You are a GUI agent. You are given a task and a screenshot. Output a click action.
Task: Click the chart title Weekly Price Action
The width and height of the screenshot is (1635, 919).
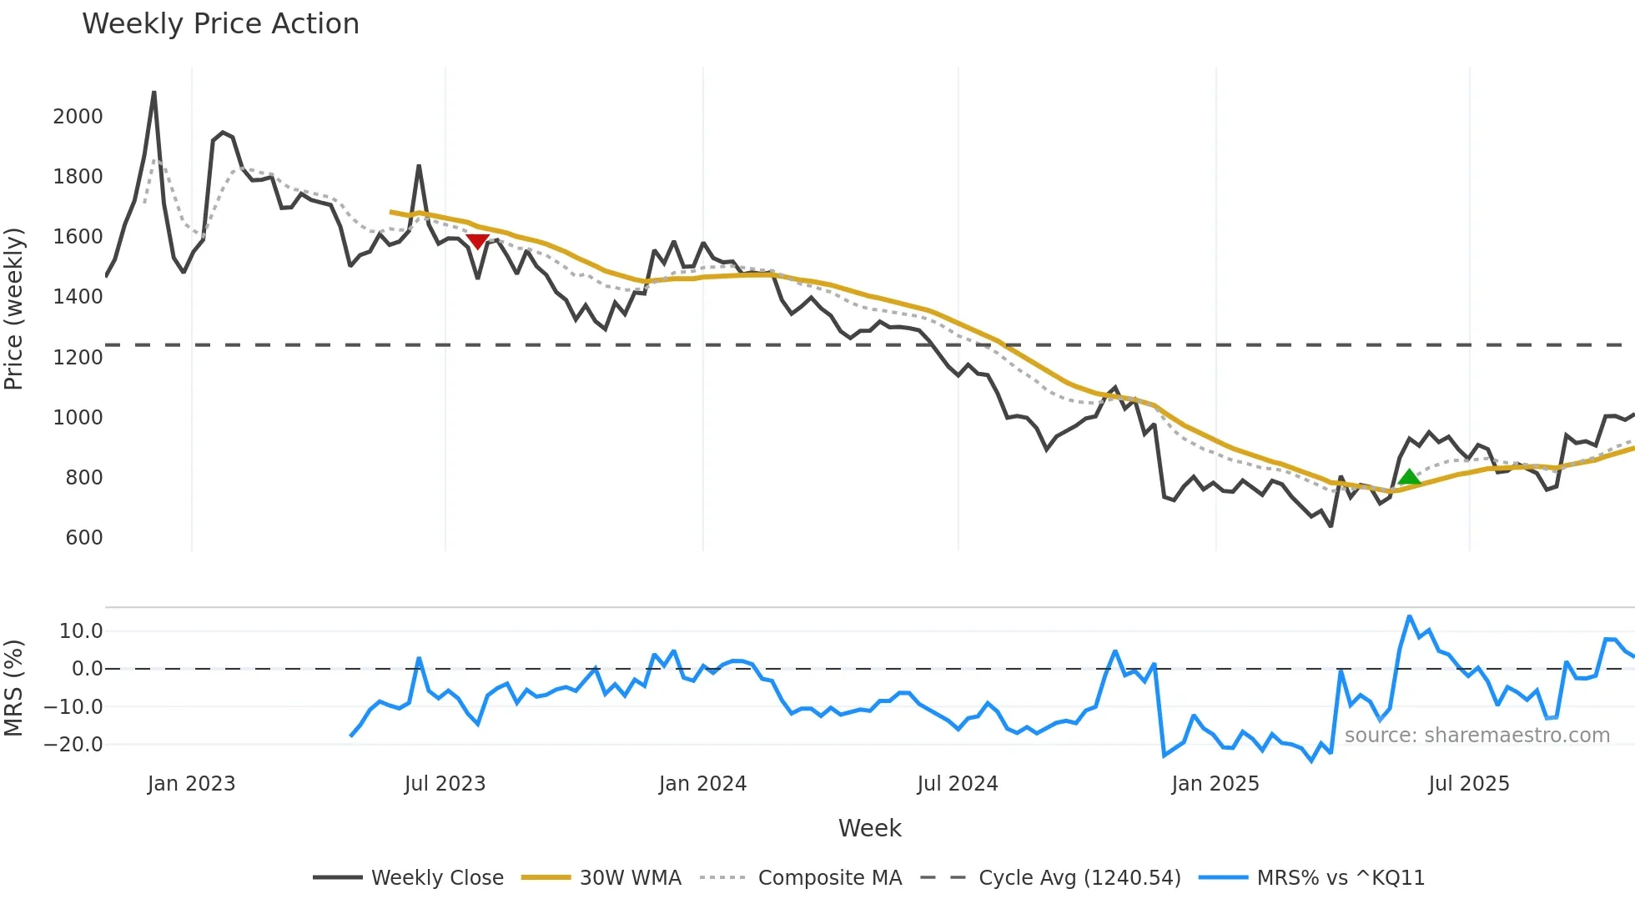[220, 24]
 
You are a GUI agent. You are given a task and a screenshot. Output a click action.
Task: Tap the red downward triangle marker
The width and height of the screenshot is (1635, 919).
[477, 241]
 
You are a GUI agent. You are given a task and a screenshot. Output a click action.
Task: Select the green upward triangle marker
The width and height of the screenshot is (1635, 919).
[1409, 477]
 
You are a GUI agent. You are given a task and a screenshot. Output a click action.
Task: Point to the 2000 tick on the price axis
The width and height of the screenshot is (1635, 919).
[78, 116]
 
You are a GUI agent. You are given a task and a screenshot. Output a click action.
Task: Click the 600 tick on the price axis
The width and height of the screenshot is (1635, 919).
[84, 537]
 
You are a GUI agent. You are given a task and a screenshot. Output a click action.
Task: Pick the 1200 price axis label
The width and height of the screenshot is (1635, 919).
[78, 357]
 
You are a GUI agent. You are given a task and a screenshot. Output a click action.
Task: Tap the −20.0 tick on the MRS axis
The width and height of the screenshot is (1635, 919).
[73, 744]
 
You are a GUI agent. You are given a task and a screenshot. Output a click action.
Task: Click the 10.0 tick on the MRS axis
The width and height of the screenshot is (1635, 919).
[81, 630]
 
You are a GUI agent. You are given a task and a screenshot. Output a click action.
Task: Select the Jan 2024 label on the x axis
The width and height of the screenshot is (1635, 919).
[702, 784]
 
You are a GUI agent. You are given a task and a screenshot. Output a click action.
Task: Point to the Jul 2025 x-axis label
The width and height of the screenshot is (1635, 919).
[1469, 784]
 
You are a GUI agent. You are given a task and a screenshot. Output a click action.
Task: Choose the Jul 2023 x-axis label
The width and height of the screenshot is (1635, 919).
[445, 784]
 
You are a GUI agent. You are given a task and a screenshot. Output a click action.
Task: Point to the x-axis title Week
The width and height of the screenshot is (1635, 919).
[869, 828]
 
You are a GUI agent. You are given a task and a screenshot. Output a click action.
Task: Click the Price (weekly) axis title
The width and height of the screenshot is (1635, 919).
[14, 309]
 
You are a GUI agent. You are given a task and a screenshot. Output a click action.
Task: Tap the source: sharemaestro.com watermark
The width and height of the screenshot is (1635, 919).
[1477, 736]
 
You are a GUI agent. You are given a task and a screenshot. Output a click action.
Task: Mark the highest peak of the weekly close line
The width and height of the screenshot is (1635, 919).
[154, 93]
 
